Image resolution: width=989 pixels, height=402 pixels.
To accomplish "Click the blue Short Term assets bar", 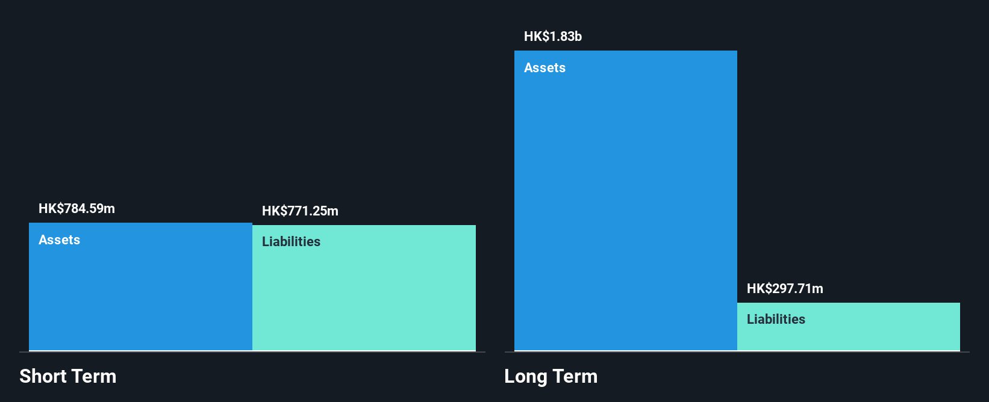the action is tap(140, 286).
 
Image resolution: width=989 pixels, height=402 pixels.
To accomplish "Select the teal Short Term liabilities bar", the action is tap(364, 288).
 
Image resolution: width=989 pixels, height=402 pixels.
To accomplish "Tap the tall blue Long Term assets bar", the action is tap(626, 200).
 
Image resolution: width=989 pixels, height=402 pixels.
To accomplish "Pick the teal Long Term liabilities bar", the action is tap(849, 327).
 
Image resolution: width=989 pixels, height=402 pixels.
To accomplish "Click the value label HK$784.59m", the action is tap(77, 208).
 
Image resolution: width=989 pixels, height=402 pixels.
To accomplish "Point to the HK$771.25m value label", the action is tap(300, 211).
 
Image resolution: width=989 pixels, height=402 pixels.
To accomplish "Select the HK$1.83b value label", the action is tap(553, 36).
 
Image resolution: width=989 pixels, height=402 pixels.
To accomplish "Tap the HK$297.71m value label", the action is tap(785, 289).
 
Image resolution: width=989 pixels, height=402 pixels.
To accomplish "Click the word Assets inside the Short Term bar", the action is tap(59, 240).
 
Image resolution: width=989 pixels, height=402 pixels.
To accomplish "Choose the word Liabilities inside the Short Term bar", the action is tap(291, 241).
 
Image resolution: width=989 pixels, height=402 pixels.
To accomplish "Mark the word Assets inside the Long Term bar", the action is tap(545, 67).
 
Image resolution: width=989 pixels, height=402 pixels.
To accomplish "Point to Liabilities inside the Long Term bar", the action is tap(776, 319).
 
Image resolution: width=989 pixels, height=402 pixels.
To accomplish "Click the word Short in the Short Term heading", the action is tap(42, 376).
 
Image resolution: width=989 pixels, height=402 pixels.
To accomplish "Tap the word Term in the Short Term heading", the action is tap(93, 376).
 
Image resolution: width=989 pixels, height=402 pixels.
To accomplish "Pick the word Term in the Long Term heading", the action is tap(575, 376).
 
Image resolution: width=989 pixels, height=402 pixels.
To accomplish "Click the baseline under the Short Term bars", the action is tap(252, 351).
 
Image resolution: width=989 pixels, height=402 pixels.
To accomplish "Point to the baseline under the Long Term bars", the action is tap(737, 351).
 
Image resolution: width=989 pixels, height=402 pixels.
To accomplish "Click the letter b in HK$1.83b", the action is tap(578, 36).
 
